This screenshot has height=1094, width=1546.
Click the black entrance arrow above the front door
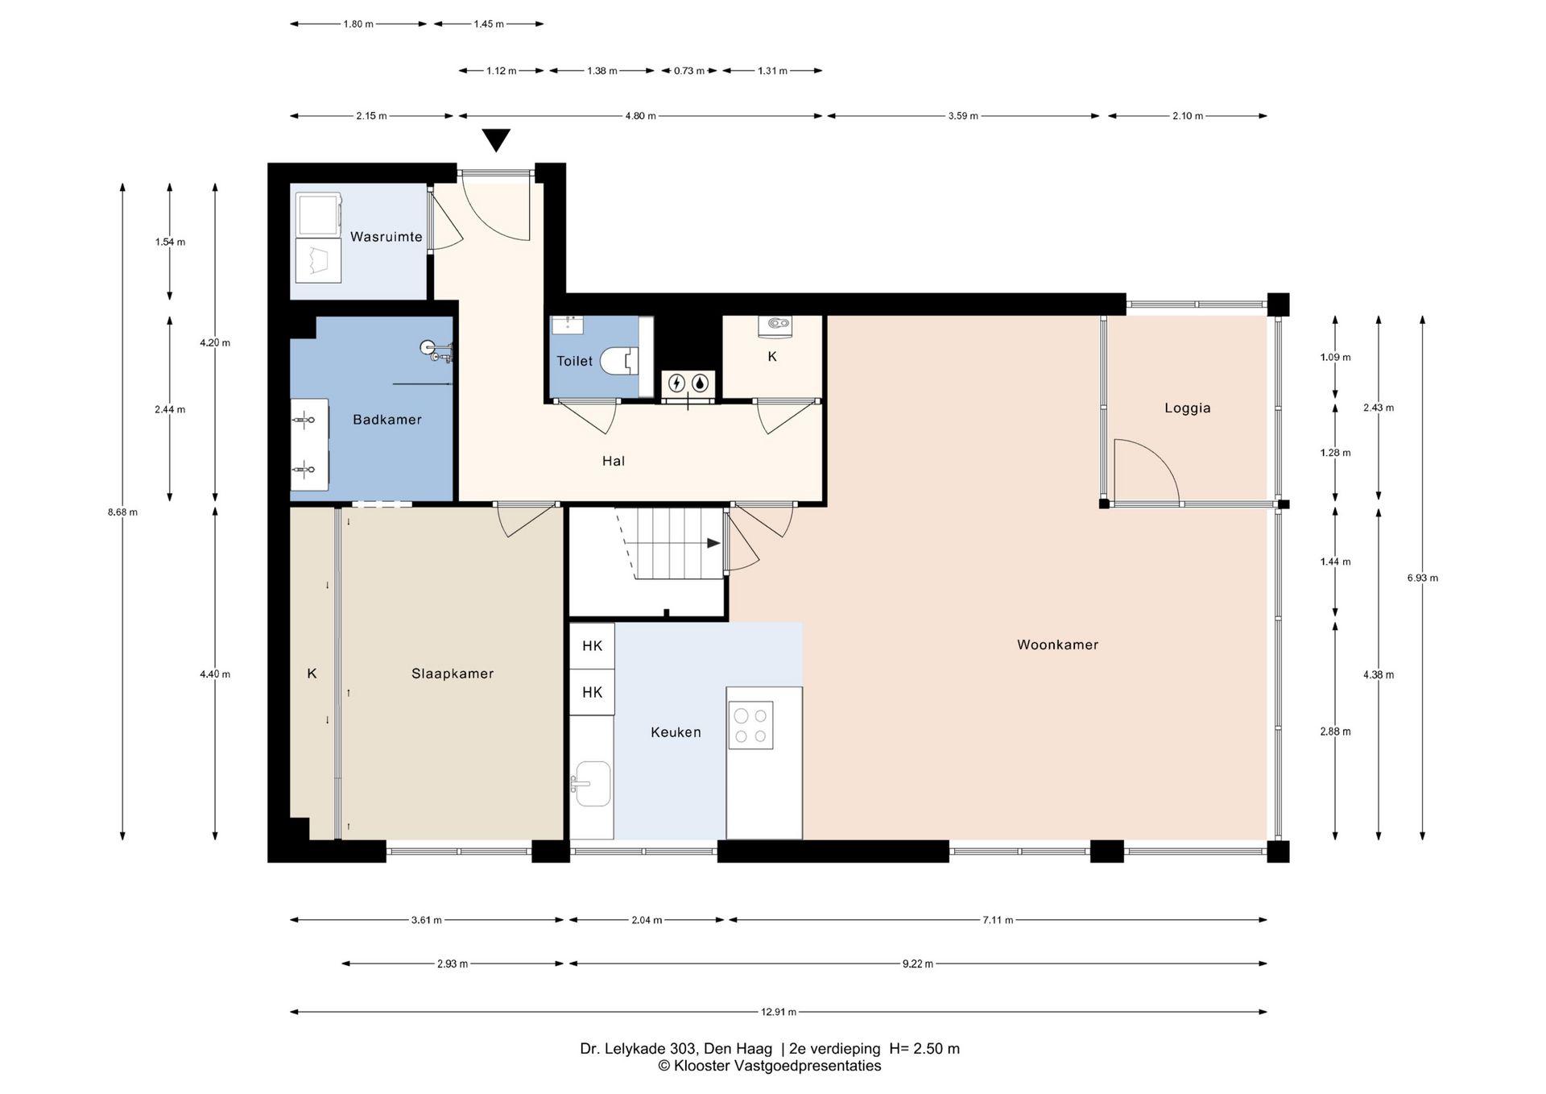point(497,140)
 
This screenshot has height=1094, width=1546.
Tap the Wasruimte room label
point(386,237)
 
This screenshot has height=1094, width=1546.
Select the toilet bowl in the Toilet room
point(619,361)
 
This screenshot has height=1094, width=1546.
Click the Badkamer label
point(387,420)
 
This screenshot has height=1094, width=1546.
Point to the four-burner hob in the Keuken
point(750,725)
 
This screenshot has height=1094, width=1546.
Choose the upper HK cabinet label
point(593,646)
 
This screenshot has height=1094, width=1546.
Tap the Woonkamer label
point(1057,644)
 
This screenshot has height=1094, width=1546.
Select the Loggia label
point(1188,408)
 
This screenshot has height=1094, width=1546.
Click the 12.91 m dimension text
point(779,1012)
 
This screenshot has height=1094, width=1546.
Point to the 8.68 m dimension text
point(122,512)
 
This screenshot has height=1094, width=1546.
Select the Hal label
point(614,461)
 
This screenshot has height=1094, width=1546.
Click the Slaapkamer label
point(453,673)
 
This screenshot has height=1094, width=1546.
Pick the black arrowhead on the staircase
point(713,543)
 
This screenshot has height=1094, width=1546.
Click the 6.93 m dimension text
point(1423,578)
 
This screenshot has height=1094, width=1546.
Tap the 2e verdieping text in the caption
point(835,1049)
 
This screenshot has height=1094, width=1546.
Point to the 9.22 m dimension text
point(918,963)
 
